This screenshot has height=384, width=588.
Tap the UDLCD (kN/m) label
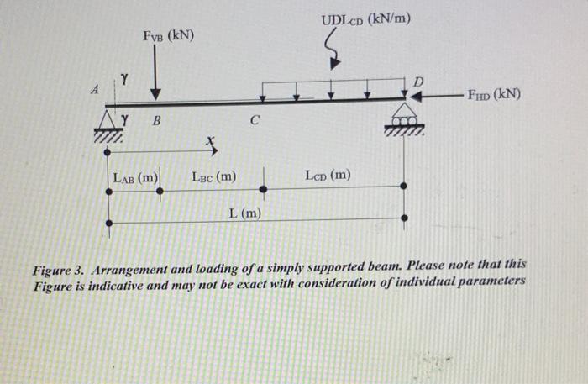(x=365, y=19)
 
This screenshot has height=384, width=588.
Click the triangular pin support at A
(x=112, y=116)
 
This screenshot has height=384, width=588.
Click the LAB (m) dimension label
(x=136, y=177)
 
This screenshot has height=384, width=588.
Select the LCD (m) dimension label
(x=328, y=176)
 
